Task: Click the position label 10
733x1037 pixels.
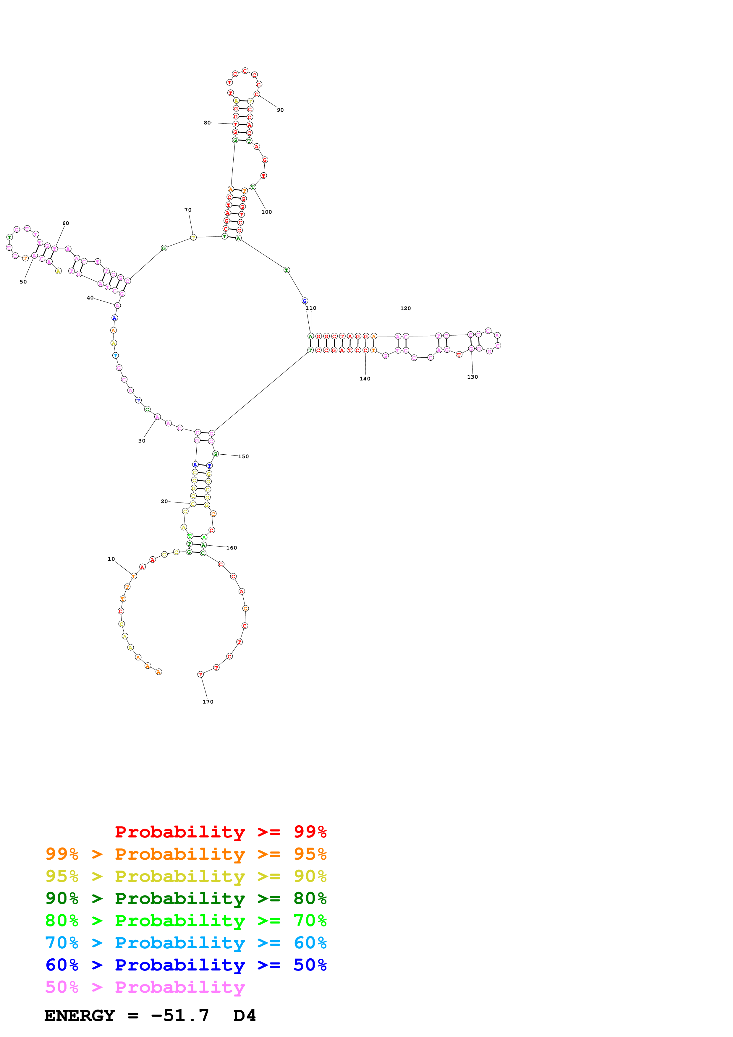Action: [111, 559]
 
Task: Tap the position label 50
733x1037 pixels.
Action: [23, 282]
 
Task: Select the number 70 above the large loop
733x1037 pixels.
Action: [188, 210]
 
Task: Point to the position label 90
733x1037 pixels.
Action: [281, 110]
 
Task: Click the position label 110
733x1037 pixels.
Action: [311, 308]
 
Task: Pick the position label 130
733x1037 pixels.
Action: [473, 377]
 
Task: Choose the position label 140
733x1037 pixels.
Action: [365, 379]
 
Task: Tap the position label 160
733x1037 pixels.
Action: [232, 548]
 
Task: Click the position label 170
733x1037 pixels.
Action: [208, 702]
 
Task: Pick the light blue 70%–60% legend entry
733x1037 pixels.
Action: [186, 943]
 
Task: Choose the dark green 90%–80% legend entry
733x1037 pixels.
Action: [186, 898]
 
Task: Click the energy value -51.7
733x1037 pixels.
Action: [180, 1015]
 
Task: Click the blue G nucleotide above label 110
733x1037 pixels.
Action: [305, 301]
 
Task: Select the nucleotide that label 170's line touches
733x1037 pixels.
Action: [200, 674]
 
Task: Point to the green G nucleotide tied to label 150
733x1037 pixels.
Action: [216, 454]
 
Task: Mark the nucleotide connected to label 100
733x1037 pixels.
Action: [253, 187]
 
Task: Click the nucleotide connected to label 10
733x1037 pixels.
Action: [134, 576]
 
